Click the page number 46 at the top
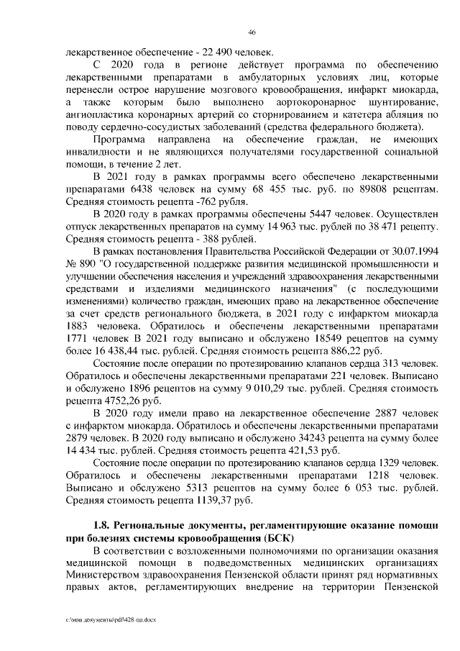(x=252, y=32)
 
